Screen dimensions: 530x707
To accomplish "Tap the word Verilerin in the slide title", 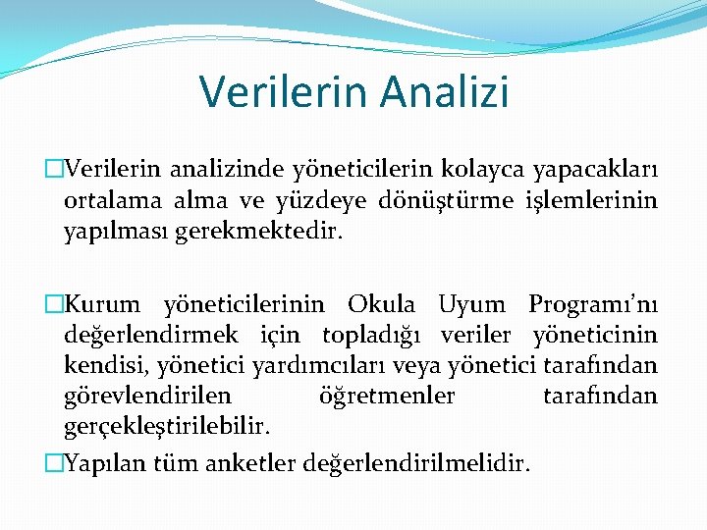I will tap(282, 91).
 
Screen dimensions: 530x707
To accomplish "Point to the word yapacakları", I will tap(595, 170).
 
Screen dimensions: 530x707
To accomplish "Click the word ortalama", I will tap(107, 201).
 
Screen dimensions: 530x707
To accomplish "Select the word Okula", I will tap(381, 304).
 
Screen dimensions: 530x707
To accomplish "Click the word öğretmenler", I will tap(387, 397).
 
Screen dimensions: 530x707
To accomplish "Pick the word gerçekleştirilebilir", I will tap(166, 428).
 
